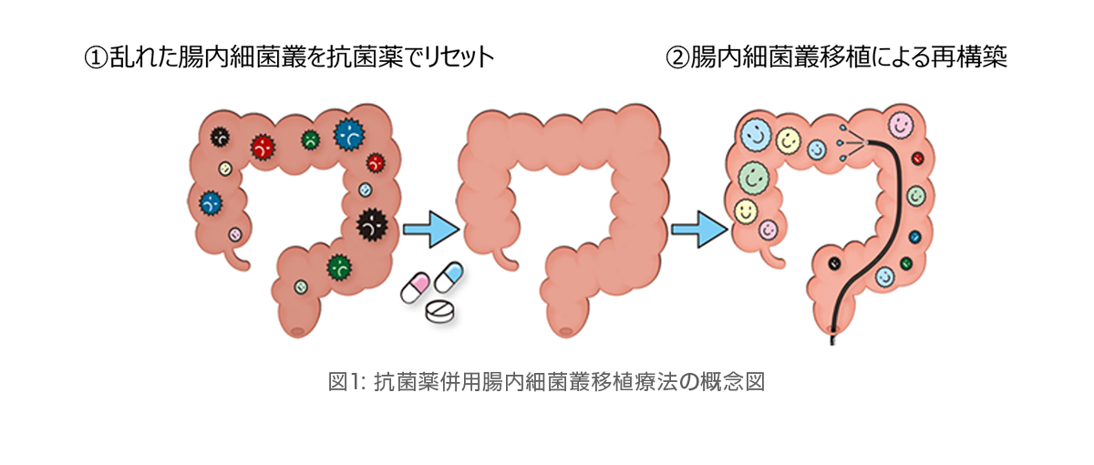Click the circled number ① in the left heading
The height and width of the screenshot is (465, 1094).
point(97,58)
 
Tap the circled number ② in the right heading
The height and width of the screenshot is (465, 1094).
point(678,58)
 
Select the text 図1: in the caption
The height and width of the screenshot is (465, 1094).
point(346,382)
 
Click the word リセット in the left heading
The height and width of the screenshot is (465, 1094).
point(459,58)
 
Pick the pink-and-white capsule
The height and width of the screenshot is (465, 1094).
point(415,288)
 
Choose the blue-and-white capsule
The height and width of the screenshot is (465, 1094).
point(449,277)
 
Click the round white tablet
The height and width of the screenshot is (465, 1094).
point(439,311)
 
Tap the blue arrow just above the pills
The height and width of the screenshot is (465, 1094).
point(431,229)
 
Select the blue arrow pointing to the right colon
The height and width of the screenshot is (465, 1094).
point(699,229)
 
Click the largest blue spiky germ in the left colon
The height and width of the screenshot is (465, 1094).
point(348,134)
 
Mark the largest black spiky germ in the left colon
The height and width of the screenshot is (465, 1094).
point(372,224)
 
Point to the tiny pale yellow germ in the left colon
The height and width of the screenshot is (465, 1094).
point(224,169)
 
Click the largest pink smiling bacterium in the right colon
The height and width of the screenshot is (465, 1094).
point(901,125)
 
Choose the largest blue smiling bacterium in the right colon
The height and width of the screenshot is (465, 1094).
point(756,134)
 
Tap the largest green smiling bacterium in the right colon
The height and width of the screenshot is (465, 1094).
point(754,176)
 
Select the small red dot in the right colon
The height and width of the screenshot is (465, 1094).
point(918,159)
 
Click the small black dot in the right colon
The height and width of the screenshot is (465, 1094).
point(834,263)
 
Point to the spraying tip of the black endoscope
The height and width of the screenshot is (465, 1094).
point(867,142)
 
